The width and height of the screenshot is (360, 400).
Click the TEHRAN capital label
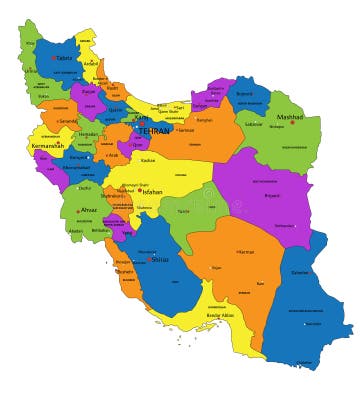(x=154, y=131)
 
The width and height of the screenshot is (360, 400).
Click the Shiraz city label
(x=160, y=259)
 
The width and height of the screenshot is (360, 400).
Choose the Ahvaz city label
(x=89, y=210)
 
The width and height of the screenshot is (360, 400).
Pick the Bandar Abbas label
(x=223, y=315)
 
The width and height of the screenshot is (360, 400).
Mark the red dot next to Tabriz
(x=53, y=58)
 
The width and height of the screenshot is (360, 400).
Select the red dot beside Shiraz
(x=150, y=260)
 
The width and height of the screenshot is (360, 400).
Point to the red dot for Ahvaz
(x=78, y=211)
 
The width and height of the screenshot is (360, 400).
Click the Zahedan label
(x=300, y=271)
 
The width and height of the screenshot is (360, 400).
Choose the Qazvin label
(x=115, y=110)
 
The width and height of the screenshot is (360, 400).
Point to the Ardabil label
(x=91, y=63)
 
